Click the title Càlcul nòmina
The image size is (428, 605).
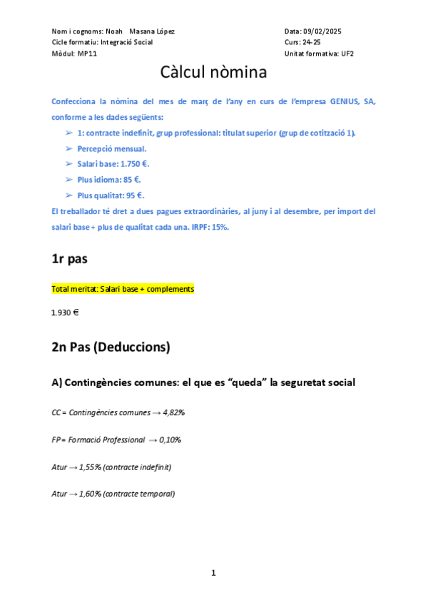(x=214, y=72)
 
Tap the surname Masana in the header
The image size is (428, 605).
(x=145, y=31)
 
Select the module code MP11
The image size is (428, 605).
(x=88, y=54)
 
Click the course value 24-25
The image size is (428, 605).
(x=312, y=42)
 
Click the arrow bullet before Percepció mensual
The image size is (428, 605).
(x=68, y=148)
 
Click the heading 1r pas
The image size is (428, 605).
(x=69, y=259)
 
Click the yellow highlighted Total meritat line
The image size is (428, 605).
(x=123, y=289)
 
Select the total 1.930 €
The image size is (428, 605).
(x=65, y=312)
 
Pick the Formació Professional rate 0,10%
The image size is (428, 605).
(x=170, y=439)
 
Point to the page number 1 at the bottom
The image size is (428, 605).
(x=213, y=572)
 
